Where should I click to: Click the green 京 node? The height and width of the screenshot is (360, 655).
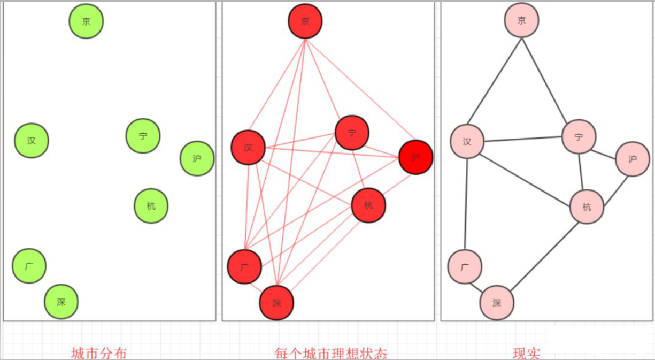click(x=86, y=21)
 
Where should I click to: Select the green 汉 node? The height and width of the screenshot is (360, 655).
click(x=32, y=141)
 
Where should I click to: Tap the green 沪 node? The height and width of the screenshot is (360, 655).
click(x=197, y=158)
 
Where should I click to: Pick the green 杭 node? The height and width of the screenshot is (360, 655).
click(x=151, y=206)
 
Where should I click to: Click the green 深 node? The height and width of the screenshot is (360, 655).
click(x=61, y=302)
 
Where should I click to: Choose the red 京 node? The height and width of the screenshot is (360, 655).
click(x=305, y=21)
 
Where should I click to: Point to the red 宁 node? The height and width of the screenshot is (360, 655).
click(x=352, y=133)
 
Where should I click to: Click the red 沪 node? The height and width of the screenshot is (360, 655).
click(x=415, y=157)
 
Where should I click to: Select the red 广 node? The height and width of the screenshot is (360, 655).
click(x=244, y=266)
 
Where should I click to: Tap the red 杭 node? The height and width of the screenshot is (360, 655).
click(x=368, y=205)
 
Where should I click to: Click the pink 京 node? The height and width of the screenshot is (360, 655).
click(x=521, y=20)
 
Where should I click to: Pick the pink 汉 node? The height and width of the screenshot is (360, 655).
click(x=467, y=142)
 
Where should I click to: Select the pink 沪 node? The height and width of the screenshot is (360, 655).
click(x=633, y=159)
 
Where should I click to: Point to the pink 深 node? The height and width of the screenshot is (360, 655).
click(x=497, y=303)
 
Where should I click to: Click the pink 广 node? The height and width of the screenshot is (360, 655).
click(x=465, y=266)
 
